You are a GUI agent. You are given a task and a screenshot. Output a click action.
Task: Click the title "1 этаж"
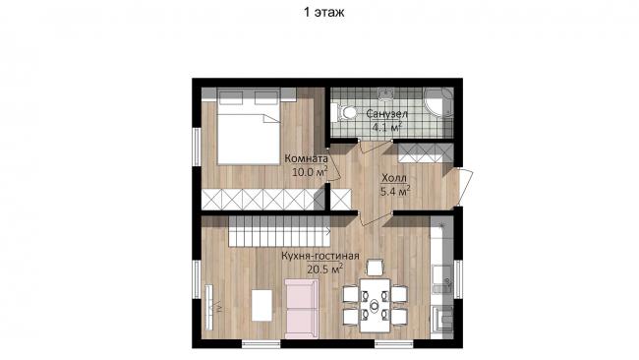[x=324, y=12]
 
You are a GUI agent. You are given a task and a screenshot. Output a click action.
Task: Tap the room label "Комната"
[x=306, y=158]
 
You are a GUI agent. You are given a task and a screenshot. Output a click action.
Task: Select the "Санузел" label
[x=386, y=113]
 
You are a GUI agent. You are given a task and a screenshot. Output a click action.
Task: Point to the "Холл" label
[x=394, y=178]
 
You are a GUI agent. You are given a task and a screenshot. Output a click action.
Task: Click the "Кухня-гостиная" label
[x=320, y=256]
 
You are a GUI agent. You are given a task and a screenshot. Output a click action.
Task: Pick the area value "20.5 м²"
[x=326, y=270]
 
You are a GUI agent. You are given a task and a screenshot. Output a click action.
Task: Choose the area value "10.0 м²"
[x=310, y=172]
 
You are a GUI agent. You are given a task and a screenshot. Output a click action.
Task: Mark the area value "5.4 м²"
[x=395, y=191]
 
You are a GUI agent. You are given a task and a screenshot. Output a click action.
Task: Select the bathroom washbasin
[x=385, y=93]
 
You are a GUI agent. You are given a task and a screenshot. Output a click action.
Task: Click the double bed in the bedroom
[x=249, y=127]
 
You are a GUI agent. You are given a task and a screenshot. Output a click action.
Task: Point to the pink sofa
[x=302, y=309]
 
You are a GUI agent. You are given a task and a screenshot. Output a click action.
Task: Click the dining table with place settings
[x=375, y=305]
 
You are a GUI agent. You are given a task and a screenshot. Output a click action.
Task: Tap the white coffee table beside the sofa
[x=261, y=305]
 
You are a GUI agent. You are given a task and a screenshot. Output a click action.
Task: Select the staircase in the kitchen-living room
[x=279, y=231]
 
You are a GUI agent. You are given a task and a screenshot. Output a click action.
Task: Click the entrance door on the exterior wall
[x=465, y=187]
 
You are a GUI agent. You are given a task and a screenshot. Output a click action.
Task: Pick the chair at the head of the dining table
[x=375, y=268]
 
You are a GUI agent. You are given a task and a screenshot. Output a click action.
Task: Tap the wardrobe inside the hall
[x=426, y=153]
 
